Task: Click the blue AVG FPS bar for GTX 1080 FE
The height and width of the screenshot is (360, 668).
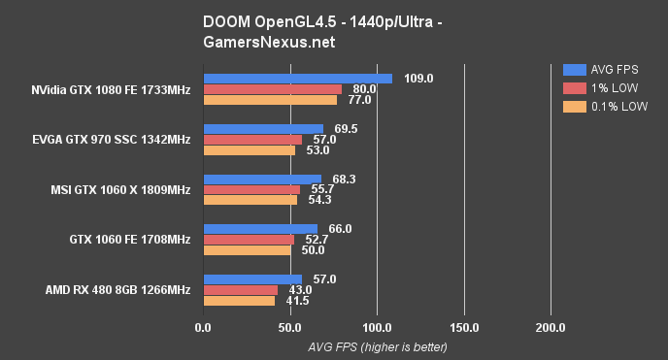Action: point(297,79)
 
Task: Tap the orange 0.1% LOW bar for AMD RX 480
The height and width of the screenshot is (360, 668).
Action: point(239,301)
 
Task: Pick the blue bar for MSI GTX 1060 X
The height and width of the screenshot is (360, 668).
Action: point(262,179)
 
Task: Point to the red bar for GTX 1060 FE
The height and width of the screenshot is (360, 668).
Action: point(249,240)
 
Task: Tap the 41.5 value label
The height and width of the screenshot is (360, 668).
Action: point(300,301)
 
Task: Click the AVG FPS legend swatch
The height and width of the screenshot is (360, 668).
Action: point(574,70)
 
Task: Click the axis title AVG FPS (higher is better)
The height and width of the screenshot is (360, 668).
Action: point(378,346)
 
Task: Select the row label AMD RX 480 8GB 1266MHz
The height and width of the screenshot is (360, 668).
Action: point(117,290)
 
